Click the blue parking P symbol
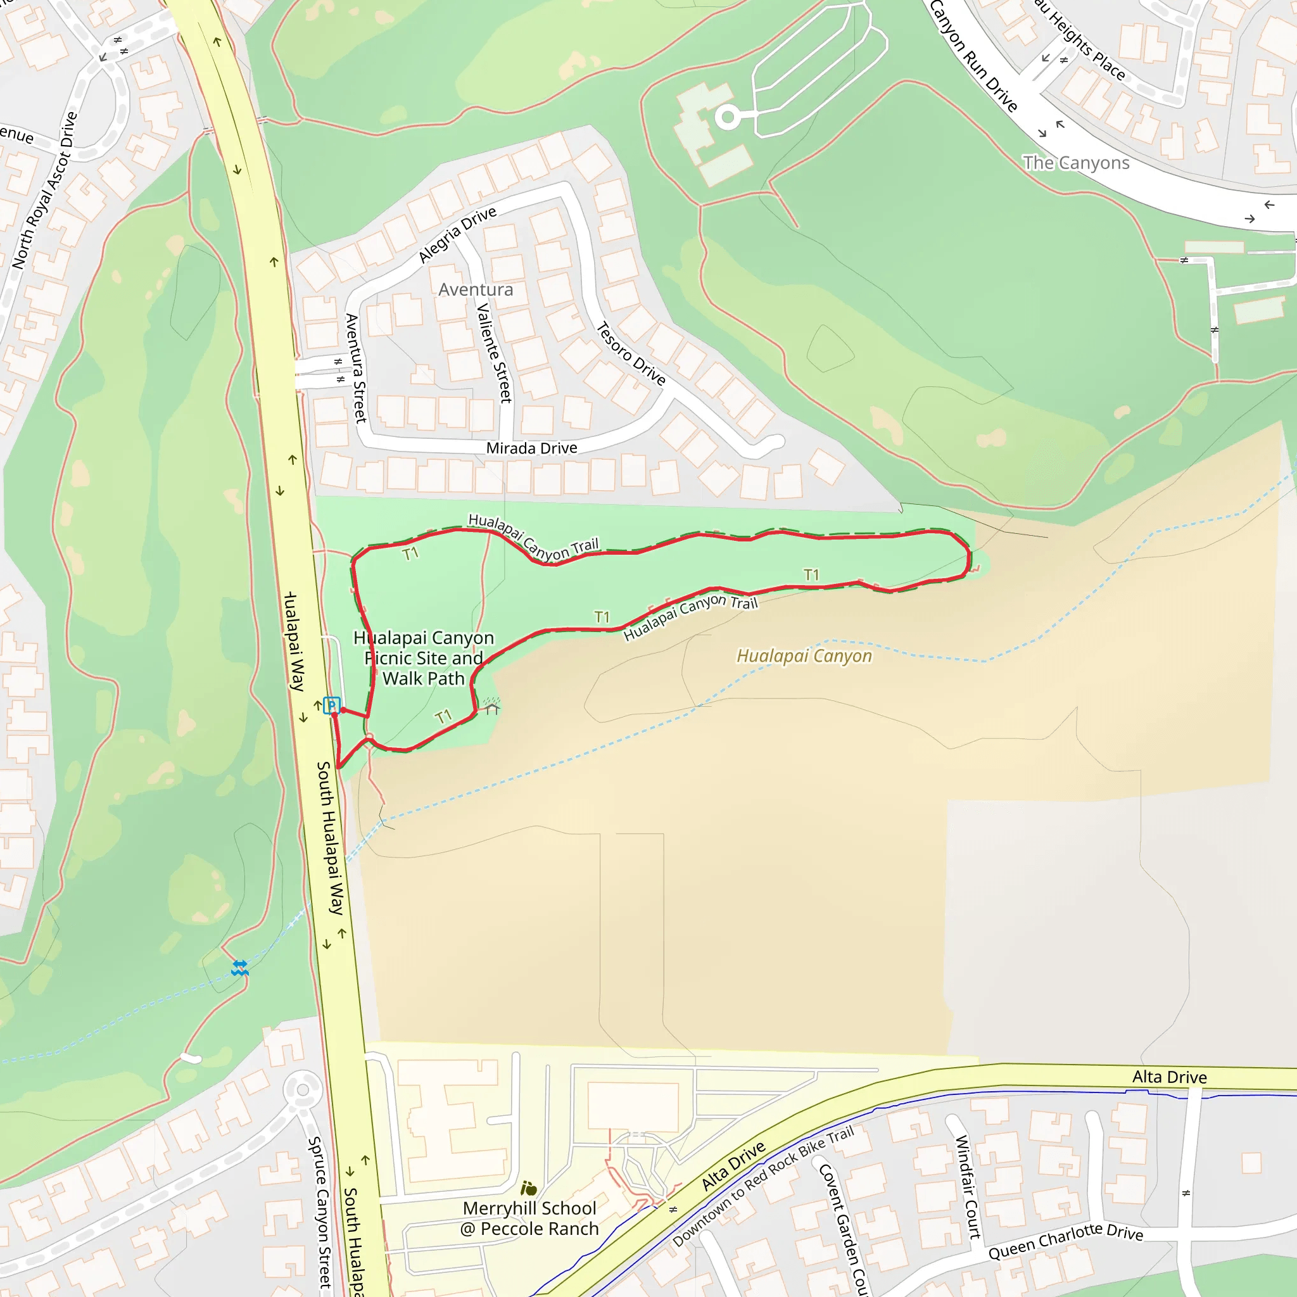(331, 705)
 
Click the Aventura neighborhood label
(476, 289)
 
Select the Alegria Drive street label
(457, 234)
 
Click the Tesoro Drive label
(630, 354)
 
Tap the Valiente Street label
(494, 353)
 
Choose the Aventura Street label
(356, 367)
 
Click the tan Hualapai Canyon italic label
(804, 655)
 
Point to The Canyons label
(1075, 163)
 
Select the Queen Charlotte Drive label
(1065, 1241)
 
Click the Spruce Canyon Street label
(319, 1212)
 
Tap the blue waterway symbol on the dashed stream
(240, 968)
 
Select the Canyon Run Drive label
(973, 56)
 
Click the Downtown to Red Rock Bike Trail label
(762, 1186)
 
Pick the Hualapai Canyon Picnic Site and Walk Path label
(424, 658)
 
